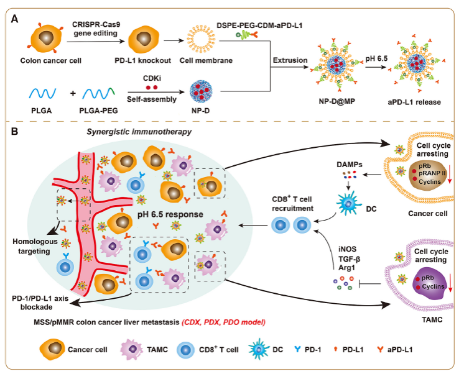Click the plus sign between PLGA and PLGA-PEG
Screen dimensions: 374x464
tap(72, 93)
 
